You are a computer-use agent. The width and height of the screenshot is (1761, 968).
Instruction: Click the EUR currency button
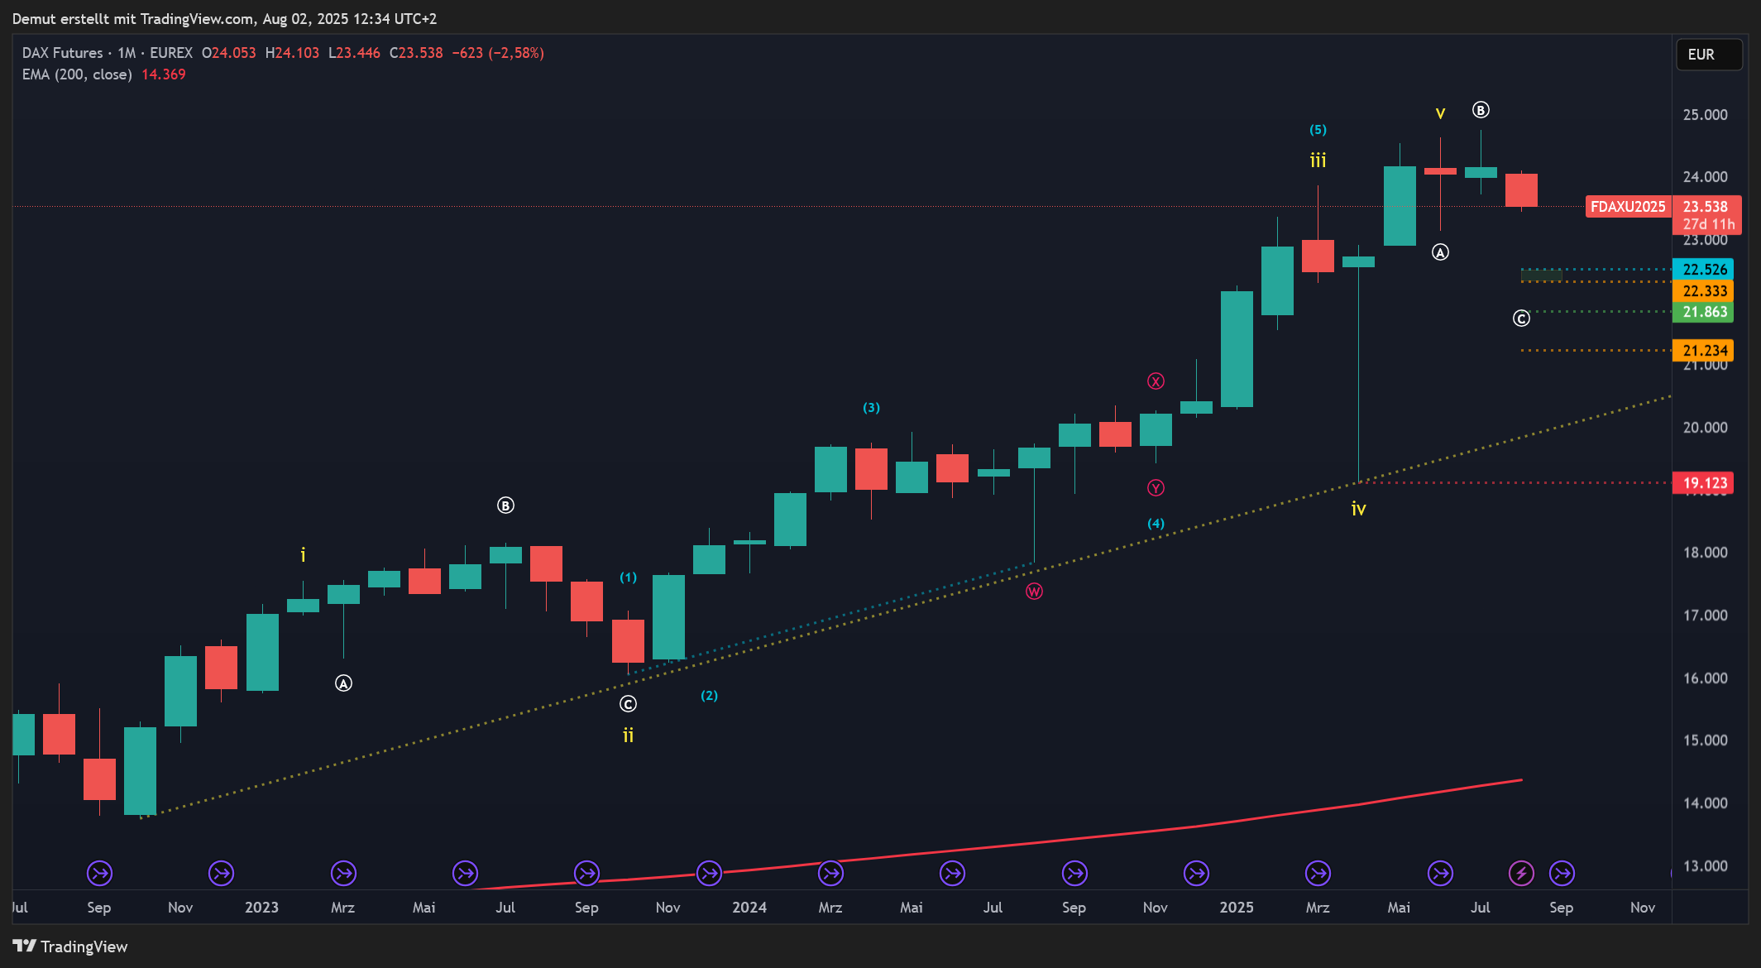[x=1708, y=55]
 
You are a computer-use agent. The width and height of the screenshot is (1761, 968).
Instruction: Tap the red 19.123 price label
[x=1704, y=483]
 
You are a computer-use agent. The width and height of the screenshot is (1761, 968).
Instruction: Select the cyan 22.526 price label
[x=1704, y=270]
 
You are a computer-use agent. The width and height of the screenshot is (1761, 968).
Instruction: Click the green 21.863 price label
[x=1704, y=312]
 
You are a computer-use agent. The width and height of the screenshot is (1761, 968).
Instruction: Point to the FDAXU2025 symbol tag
[x=1627, y=207]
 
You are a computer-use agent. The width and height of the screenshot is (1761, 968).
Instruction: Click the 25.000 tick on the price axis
[x=1704, y=115]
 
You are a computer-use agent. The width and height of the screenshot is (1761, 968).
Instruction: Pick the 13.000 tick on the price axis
[x=1704, y=866]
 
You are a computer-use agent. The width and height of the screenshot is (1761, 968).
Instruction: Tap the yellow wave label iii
[x=1318, y=161]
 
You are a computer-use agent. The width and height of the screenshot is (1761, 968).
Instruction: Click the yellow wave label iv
[x=1358, y=510]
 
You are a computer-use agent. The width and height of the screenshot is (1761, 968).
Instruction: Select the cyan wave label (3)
[x=871, y=408]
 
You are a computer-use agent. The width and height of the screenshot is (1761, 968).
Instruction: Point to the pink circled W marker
[x=1034, y=592]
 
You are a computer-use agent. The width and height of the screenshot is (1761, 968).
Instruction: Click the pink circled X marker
[x=1156, y=381]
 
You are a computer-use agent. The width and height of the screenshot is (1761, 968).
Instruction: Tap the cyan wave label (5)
[x=1318, y=130]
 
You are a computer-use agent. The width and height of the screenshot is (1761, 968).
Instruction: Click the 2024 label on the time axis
[x=749, y=908]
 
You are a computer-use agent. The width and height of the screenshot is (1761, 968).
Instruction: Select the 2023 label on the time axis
[x=261, y=908]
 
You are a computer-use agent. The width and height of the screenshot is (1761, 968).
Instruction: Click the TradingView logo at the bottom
[x=70, y=946]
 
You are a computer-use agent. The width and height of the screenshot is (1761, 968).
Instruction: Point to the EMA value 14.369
[x=163, y=74]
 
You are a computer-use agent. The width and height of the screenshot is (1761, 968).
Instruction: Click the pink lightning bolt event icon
[x=1521, y=873]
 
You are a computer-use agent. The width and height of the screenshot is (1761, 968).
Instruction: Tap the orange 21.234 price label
[x=1704, y=351]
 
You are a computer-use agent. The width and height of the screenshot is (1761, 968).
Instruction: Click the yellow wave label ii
[x=628, y=736]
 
